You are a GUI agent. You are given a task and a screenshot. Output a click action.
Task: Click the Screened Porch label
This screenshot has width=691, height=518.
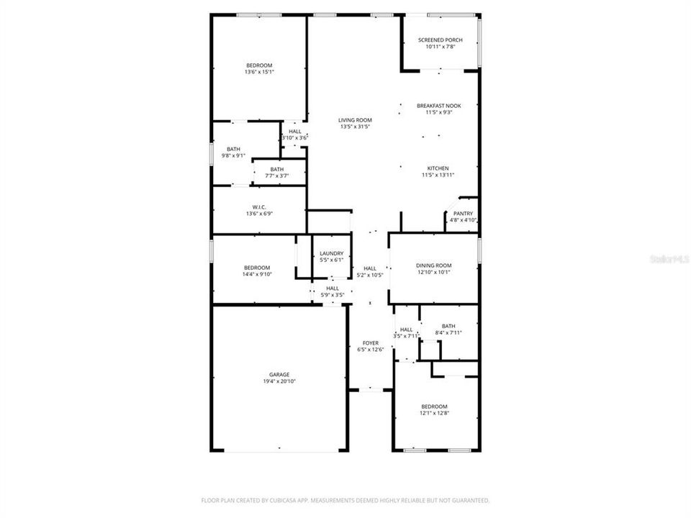[x=440, y=40]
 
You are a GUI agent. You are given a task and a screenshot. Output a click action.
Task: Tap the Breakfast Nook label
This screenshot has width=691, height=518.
[x=438, y=106]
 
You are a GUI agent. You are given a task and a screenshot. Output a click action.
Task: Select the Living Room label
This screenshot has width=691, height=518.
[x=355, y=120]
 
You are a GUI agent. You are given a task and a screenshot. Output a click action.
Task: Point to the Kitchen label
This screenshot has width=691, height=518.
[x=438, y=168]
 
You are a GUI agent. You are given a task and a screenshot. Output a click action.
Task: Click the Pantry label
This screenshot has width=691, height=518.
[x=463, y=214]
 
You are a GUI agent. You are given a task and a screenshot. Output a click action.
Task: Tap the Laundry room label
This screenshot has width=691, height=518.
[x=331, y=253]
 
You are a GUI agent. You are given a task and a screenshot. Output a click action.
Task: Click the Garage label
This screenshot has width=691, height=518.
[x=279, y=375]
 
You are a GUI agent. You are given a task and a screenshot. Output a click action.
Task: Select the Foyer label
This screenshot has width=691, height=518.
[x=370, y=343]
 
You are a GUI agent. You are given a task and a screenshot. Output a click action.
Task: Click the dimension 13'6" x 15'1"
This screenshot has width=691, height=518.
[x=259, y=72]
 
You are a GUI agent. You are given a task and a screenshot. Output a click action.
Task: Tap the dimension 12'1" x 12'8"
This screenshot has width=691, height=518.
[x=434, y=413]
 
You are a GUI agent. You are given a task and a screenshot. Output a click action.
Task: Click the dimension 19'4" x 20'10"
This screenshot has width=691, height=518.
[x=279, y=381]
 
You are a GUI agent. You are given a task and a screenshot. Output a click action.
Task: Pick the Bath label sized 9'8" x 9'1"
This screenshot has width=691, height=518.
[x=233, y=149]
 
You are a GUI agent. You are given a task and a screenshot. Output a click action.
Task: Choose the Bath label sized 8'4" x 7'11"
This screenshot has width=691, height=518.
[x=448, y=326]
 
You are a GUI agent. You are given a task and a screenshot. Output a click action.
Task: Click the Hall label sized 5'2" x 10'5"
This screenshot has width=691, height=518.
[x=370, y=268]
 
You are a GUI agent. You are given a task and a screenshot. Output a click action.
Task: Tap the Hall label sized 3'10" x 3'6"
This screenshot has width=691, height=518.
[x=294, y=132]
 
